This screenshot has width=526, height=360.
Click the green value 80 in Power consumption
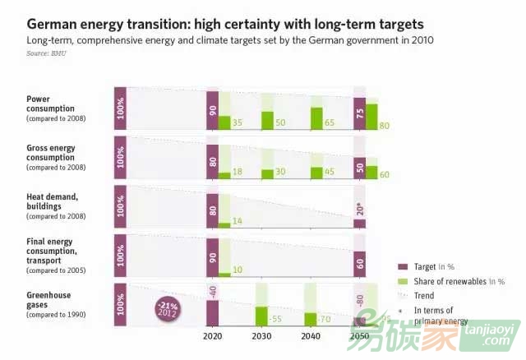point(385,125)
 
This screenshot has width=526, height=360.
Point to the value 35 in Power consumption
point(238,122)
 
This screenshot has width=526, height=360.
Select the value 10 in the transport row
point(238,270)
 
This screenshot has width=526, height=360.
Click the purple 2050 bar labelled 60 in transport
point(359,264)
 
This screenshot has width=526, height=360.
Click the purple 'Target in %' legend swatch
point(404,266)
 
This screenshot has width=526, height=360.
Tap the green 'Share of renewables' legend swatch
point(404,280)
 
